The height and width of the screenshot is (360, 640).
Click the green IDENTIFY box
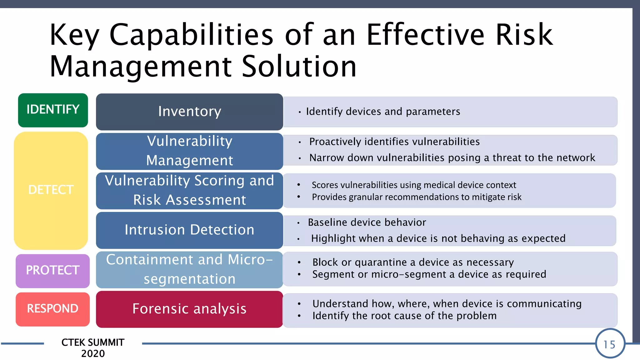(53, 110)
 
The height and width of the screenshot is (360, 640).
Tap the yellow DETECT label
(51, 190)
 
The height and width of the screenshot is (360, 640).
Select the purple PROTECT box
(52, 270)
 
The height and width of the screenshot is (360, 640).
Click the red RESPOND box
(52, 309)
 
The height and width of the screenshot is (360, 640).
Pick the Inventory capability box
(189, 112)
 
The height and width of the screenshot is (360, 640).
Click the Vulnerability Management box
(189, 151)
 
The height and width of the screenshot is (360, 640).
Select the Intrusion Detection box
(189, 230)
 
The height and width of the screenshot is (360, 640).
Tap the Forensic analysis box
(189, 309)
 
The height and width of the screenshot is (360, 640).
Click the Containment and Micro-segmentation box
(189, 269)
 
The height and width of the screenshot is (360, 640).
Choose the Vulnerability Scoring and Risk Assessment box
(189, 190)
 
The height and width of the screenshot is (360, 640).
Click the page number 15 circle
(610, 344)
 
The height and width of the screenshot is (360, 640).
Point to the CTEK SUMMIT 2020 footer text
(93, 348)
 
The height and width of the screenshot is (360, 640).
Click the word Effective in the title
(425, 35)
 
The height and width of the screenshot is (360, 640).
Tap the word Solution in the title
(299, 67)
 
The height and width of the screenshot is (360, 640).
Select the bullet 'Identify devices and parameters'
(383, 112)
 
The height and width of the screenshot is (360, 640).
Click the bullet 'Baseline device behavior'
(367, 222)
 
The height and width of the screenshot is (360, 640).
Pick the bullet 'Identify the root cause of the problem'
(404, 316)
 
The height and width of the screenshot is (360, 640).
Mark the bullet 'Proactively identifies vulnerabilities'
(394, 142)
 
